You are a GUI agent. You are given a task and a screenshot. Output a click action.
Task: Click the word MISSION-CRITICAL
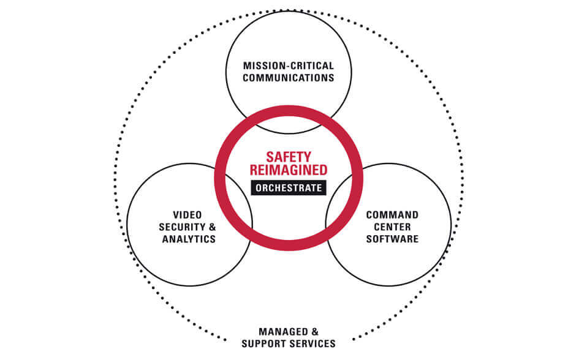click(288, 66)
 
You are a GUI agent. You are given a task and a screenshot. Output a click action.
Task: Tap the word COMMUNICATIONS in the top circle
click(288, 78)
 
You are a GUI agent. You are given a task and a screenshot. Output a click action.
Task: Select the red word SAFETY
click(288, 157)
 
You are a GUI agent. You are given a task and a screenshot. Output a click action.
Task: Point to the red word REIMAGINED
click(288, 170)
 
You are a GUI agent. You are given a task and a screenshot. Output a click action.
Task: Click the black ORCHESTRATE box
click(288, 188)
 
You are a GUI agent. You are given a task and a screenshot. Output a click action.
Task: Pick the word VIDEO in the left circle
click(188, 215)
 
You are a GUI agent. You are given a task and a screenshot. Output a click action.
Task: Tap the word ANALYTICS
click(189, 239)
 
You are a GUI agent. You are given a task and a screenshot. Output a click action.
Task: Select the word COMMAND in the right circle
click(392, 215)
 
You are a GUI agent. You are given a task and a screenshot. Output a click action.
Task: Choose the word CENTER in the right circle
click(392, 227)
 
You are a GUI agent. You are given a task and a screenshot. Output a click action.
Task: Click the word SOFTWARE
click(392, 239)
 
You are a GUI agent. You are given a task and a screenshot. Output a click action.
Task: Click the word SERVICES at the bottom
click(312, 344)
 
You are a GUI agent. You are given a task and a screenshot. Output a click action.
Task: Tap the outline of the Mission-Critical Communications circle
click(288, 12)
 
